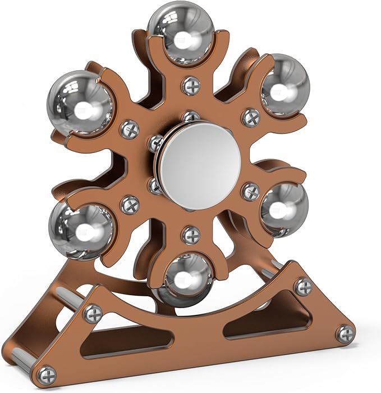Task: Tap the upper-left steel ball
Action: [81, 102]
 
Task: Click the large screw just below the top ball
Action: [191, 85]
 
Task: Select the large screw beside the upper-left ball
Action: [130, 129]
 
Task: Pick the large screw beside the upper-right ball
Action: [250, 118]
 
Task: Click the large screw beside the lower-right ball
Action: [250, 191]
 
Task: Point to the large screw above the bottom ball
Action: [191, 234]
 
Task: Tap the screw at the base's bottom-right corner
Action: [345, 334]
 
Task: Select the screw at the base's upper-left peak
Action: [93, 313]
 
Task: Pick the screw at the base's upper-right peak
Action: [303, 286]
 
